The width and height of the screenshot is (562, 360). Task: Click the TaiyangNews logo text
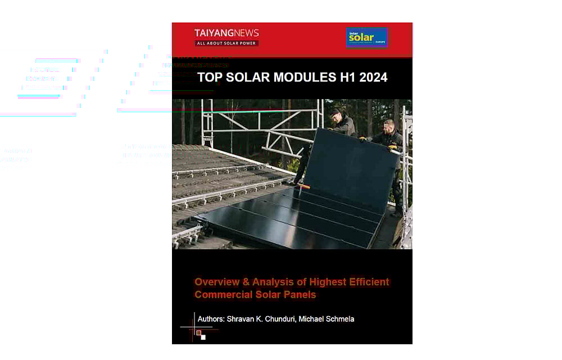tap(226, 33)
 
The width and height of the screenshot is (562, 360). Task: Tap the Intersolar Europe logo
tap(366, 38)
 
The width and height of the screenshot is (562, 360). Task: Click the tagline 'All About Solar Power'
tap(226, 43)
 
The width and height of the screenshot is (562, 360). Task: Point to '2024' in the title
tap(372, 78)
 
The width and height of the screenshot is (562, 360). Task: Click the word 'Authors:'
tap(211, 319)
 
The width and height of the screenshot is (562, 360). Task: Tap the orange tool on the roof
tap(304, 186)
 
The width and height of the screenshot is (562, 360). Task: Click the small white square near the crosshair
tap(203, 337)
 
